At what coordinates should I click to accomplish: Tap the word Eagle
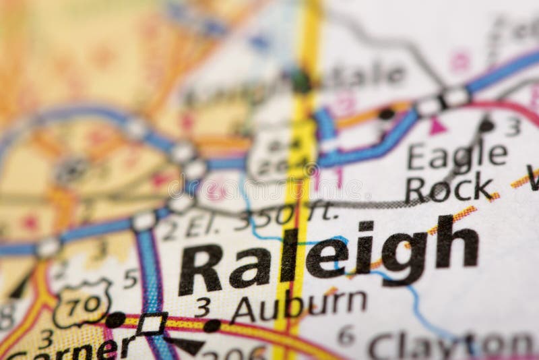click(x=457, y=155)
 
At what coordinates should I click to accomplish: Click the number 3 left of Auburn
click(x=202, y=307)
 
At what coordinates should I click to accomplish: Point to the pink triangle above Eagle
click(x=437, y=125)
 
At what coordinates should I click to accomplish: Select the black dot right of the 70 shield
click(x=115, y=319)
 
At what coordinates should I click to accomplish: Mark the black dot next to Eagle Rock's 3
click(x=486, y=125)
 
